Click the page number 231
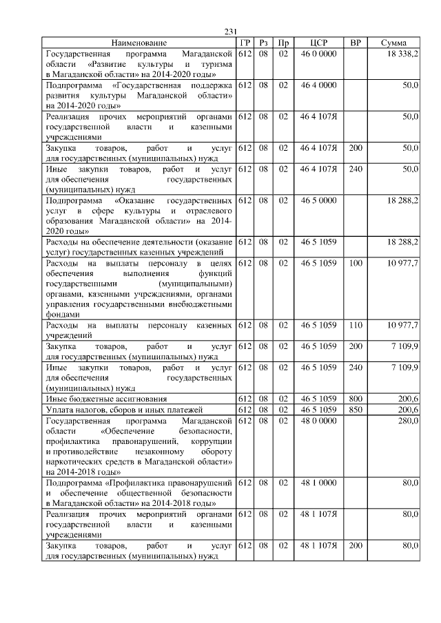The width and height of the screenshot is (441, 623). click(231, 31)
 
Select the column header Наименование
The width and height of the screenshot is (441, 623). click(139, 43)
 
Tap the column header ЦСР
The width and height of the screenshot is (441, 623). click(318, 43)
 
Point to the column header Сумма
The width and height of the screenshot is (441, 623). click(397, 43)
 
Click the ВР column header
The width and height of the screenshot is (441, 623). click(356, 43)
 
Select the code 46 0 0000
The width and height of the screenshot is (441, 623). click(318, 53)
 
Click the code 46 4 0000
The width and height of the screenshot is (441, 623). click(318, 85)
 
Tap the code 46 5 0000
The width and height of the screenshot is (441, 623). click(318, 200)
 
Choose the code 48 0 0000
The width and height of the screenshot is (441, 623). click(318, 420)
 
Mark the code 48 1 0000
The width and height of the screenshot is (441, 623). click(318, 483)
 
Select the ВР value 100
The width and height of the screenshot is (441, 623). click(356, 263)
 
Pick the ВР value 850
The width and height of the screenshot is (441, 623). click(356, 410)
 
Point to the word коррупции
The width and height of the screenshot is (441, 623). click(212, 441)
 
